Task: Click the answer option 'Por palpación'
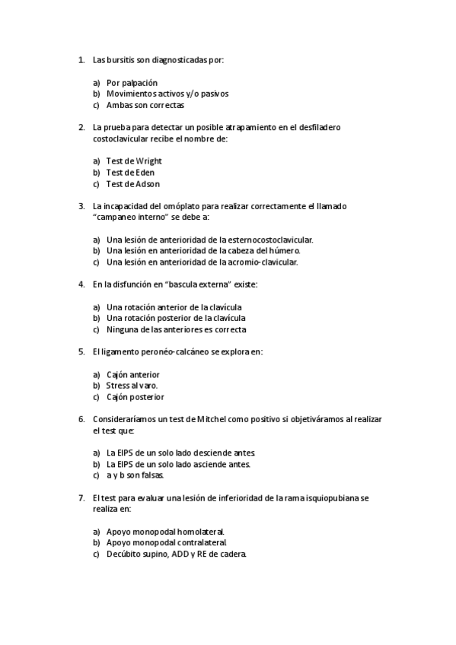(132, 82)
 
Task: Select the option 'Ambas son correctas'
(141, 105)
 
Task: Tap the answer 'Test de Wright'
(134, 161)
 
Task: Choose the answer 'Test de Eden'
(130, 173)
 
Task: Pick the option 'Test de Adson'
(132, 184)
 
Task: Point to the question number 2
(81, 127)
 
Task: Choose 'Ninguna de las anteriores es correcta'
(176, 330)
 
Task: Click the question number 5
(81, 351)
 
